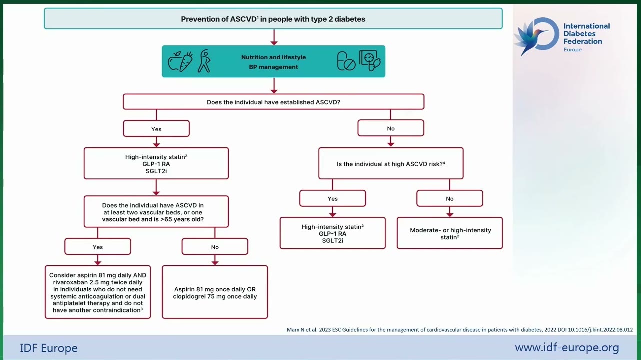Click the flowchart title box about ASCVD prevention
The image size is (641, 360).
(273, 19)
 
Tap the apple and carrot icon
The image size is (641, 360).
(180, 61)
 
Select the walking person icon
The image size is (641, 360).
(204, 61)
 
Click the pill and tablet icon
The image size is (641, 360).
(346, 61)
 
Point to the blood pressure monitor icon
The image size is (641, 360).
(370, 60)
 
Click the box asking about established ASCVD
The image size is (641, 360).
(273, 102)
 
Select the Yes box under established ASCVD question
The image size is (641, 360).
(156, 129)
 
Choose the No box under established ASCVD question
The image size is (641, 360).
(391, 128)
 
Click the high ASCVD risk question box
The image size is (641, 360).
(391, 163)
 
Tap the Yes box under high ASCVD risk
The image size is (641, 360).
(333, 198)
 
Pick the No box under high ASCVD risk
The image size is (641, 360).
(450, 198)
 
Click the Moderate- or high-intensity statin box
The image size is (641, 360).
(450, 233)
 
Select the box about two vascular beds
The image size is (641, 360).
(156, 212)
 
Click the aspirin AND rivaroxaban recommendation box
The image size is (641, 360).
(98, 292)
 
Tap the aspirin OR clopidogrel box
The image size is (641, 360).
(215, 292)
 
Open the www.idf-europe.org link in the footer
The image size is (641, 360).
(567, 347)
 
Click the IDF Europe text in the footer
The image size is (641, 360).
(49, 348)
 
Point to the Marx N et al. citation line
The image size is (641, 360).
(460, 330)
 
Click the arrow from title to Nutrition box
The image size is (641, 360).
(274, 37)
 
